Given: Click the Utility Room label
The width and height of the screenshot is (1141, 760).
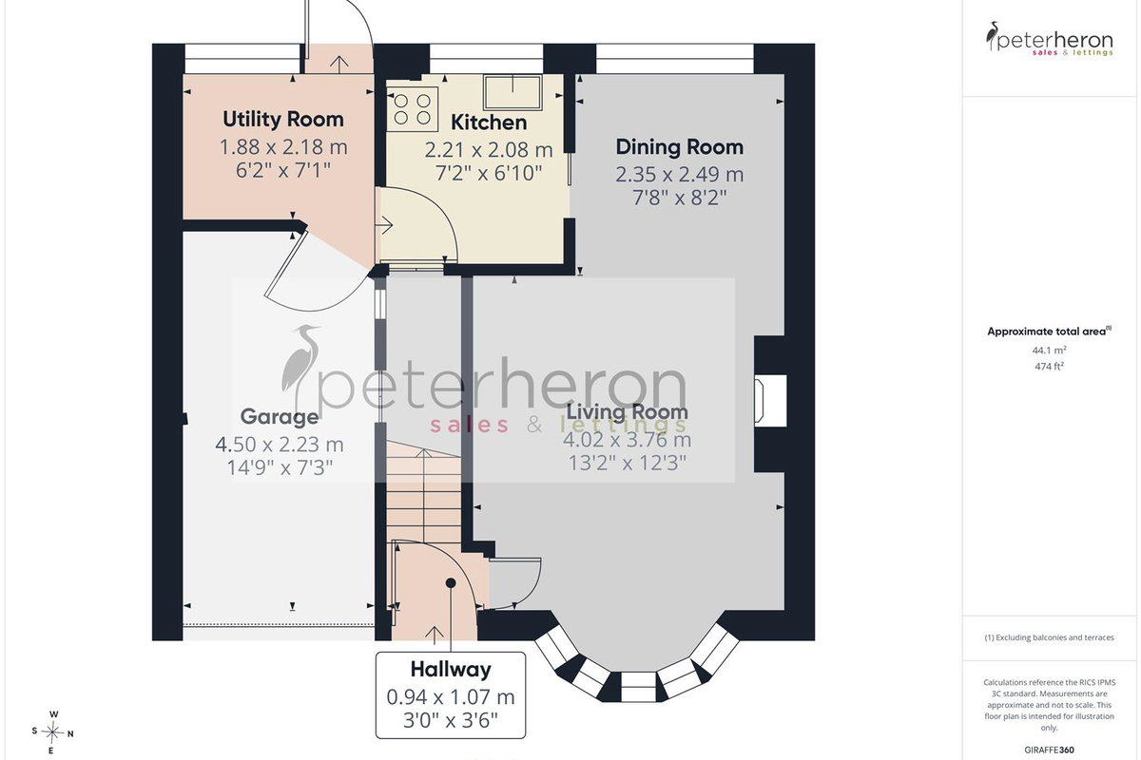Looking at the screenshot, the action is click(283, 119).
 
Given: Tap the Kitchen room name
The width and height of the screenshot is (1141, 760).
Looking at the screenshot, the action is click(489, 123).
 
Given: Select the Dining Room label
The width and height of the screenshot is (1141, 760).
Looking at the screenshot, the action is click(680, 146).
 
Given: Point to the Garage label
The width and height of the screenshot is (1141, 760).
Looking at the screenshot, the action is click(280, 416).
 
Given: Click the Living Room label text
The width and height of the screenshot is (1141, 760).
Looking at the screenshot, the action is click(627, 411).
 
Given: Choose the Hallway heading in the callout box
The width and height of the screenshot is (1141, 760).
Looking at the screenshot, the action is click(451, 670).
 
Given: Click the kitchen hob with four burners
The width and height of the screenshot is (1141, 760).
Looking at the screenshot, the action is click(413, 109).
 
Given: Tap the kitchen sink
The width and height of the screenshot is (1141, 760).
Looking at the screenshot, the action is click(512, 92).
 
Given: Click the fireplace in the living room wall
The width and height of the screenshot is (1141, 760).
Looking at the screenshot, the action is click(770, 401).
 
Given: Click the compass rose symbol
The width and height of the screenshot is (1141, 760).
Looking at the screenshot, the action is click(52, 733).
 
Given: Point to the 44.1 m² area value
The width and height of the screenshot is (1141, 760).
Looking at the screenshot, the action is click(1050, 351).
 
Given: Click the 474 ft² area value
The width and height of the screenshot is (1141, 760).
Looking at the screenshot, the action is click(1050, 366).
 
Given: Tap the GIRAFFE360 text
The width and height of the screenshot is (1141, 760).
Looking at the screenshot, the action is click(1050, 750).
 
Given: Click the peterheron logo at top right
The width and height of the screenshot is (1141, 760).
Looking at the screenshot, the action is click(1050, 40).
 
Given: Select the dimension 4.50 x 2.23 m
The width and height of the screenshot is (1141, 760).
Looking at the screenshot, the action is click(280, 445).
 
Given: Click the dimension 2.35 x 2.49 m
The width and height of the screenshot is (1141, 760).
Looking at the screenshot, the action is click(680, 175).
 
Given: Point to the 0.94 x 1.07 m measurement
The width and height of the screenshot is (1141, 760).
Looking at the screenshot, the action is click(451, 697).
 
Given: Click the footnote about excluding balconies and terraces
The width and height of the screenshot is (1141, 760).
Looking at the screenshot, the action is click(1050, 637).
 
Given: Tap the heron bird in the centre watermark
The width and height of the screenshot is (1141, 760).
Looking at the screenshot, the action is click(300, 364).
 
